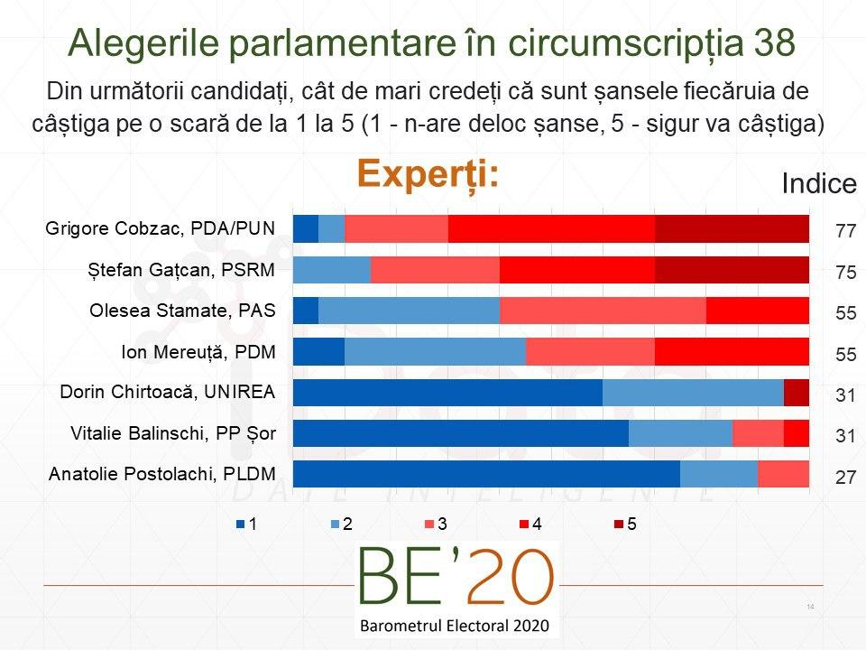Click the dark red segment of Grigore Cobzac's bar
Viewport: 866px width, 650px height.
(x=732, y=229)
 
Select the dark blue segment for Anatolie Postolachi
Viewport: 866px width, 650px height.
(x=486, y=474)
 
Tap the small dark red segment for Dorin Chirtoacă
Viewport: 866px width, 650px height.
(x=796, y=393)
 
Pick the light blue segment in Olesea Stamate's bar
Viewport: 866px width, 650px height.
(x=409, y=311)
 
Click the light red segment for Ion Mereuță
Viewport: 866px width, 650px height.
(x=590, y=352)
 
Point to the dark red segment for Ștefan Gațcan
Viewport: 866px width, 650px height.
(x=732, y=270)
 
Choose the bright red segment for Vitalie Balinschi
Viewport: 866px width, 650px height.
(x=796, y=433)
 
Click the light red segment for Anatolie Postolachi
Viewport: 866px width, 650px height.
(x=783, y=474)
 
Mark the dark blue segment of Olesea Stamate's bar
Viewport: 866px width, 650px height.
(x=306, y=311)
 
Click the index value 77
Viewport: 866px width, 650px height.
(x=845, y=231)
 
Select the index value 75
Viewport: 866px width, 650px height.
(x=845, y=272)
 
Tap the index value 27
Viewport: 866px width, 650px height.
(x=845, y=477)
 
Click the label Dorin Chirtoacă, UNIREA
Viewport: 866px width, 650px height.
(x=167, y=393)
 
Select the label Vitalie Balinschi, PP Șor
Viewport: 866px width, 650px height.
(x=173, y=434)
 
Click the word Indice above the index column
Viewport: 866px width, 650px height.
(x=818, y=184)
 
